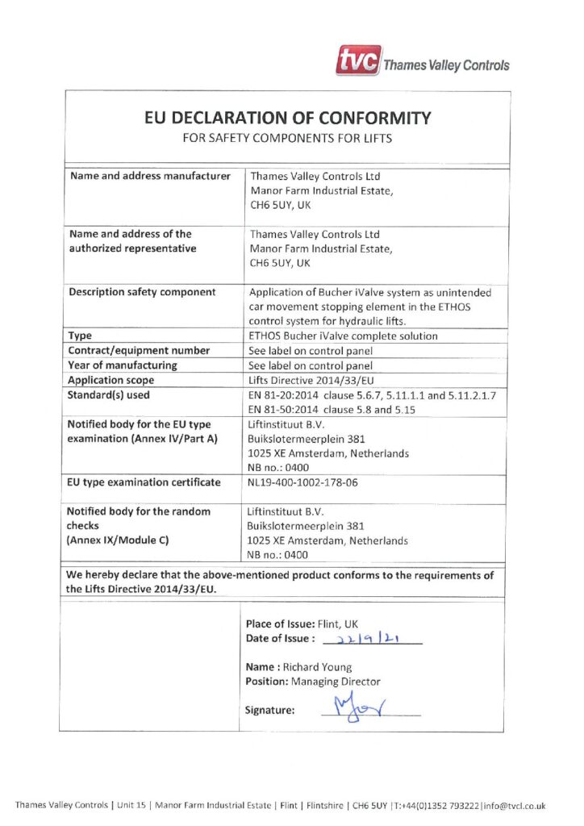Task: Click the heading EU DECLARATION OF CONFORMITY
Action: (287, 118)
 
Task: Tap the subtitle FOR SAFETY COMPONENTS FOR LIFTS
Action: (287, 138)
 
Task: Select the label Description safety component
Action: (142, 291)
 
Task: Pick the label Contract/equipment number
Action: (139, 350)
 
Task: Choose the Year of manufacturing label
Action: (123, 365)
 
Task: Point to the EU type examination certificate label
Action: (143, 482)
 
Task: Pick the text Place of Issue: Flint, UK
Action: (302, 624)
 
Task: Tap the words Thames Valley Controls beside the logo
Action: (446, 65)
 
